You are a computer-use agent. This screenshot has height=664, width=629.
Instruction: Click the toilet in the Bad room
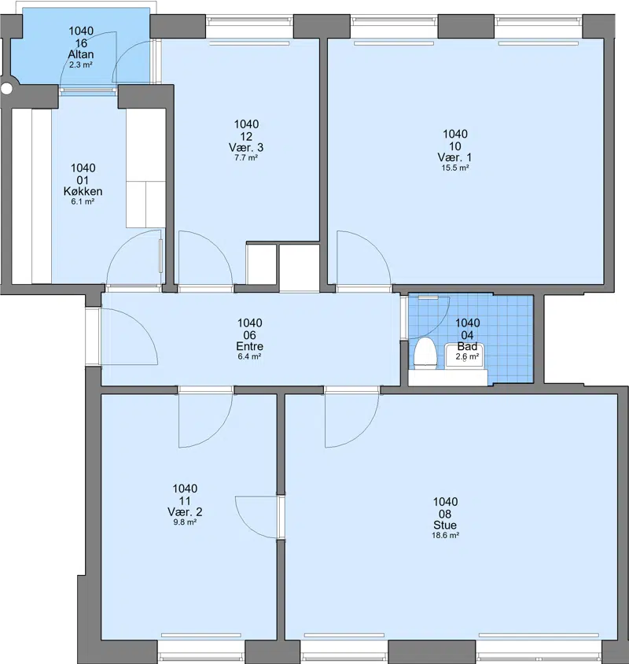click(425, 352)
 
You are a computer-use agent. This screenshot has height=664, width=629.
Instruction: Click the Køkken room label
click(83, 191)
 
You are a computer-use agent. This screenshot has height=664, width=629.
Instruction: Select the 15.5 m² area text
click(455, 168)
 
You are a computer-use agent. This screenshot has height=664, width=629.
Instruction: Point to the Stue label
click(445, 525)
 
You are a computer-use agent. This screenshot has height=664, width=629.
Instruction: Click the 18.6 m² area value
click(445, 535)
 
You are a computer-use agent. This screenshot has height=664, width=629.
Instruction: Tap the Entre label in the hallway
click(249, 346)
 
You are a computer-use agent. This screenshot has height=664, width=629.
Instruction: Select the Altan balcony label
click(81, 54)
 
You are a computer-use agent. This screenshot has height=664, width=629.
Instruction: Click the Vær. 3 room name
click(246, 147)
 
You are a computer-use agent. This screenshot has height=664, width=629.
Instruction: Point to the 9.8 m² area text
click(185, 522)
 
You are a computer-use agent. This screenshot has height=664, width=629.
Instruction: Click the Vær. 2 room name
click(185, 512)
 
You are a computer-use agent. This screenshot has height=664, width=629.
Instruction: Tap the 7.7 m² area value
click(246, 157)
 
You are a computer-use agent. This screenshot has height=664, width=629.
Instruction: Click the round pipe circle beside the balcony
click(7, 88)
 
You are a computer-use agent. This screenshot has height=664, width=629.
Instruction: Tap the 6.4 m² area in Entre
click(249, 356)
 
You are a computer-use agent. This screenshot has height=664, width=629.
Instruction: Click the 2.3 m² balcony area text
click(81, 65)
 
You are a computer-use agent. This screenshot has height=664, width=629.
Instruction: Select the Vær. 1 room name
click(454, 157)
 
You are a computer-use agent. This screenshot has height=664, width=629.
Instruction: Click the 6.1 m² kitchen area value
click(83, 201)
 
